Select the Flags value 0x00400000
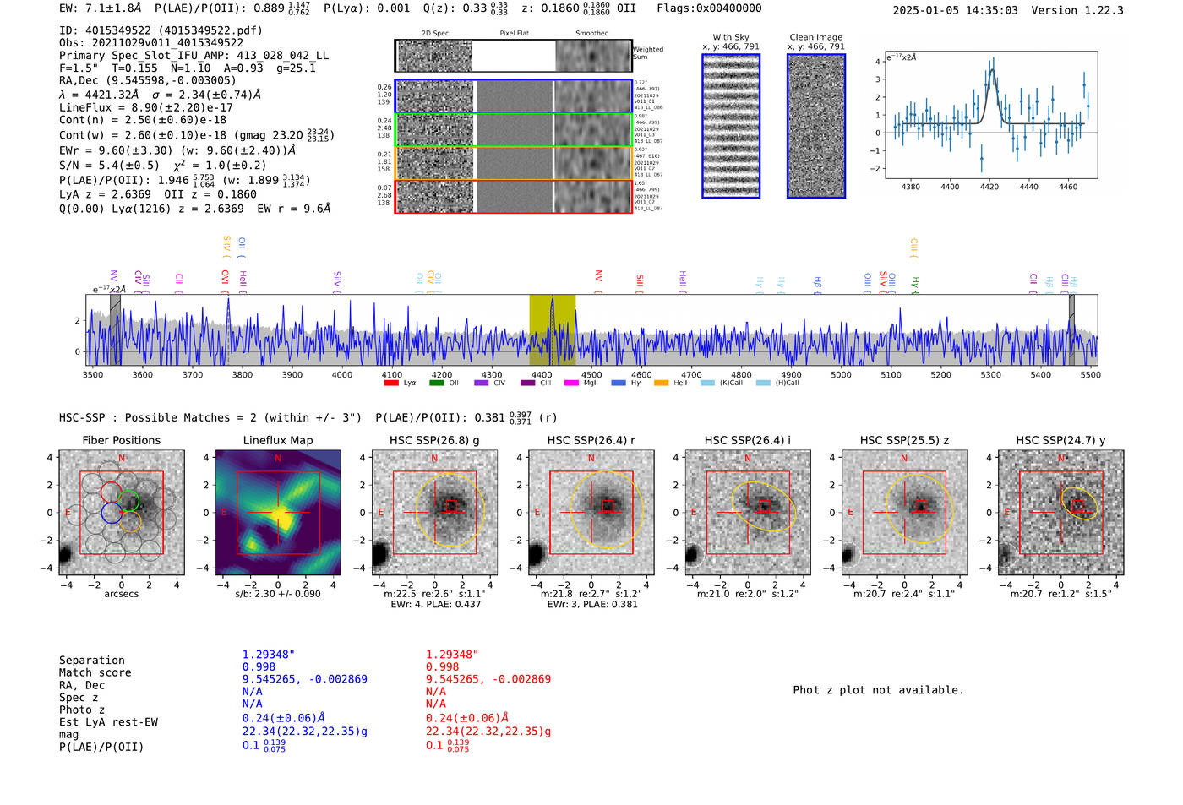pos(728,8)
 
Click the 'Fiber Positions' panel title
pos(121,440)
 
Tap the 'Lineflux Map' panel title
pos(278,440)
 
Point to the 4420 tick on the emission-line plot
pos(989,187)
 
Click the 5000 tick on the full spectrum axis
pos(841,374)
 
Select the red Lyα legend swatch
pos(391,383)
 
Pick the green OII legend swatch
pos(436,383)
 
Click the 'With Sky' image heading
pos(731,37)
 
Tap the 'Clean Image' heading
pos(815,37)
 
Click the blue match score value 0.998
pos(259,666)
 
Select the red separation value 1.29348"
pos(452,655)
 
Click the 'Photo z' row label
pos(81,710)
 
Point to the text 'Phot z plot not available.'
pos(878,690)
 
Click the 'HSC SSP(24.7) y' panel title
pos(1060,440)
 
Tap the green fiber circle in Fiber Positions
pos(128,501)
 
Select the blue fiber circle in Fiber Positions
pos(112,513)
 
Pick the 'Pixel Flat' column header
pos(514,34)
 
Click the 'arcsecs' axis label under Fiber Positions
pos(121,594)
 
